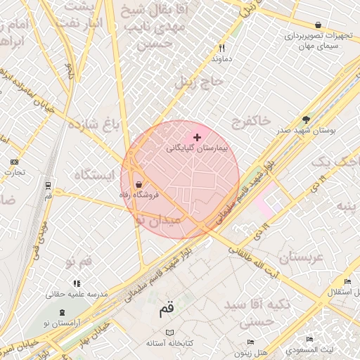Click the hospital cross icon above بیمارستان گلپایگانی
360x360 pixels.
(197, 137)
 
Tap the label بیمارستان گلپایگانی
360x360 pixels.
(194, 149)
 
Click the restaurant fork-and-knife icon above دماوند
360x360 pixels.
(221, 49)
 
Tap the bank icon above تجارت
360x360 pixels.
(14, 161)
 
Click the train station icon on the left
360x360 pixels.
(48, 186)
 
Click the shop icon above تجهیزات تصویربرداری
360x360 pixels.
(319, 25)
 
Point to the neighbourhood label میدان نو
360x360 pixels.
(158, 220)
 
